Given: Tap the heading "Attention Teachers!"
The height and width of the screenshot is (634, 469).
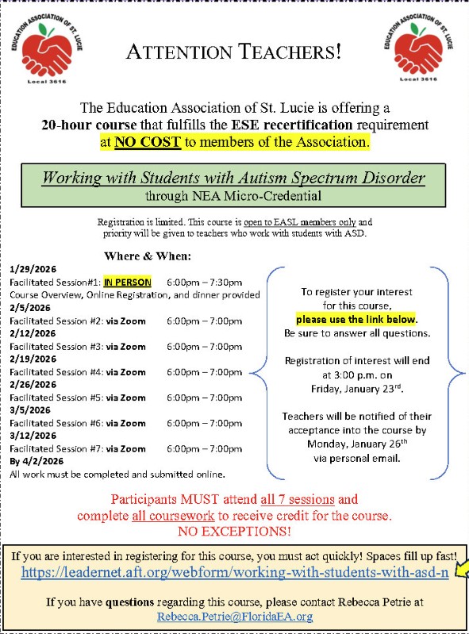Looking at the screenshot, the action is tap(234, 53).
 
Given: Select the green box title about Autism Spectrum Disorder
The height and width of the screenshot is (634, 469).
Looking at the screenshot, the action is tap(233, 177).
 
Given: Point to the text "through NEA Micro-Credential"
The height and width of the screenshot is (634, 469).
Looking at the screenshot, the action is tap(233, 194).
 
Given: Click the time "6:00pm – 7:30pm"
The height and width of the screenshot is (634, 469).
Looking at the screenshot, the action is tap(205, 282).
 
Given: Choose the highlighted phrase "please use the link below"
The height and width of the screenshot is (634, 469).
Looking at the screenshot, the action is tap(356, 320).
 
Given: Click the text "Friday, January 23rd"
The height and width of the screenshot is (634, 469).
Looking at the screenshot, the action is tap(357, 388).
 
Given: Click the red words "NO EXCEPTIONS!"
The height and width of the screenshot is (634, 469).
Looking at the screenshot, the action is tap(234, 530).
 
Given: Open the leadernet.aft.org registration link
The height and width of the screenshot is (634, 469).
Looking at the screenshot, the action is tap(235, 572).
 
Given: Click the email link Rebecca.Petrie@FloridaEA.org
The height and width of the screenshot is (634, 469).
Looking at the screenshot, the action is tap(235, 616).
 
